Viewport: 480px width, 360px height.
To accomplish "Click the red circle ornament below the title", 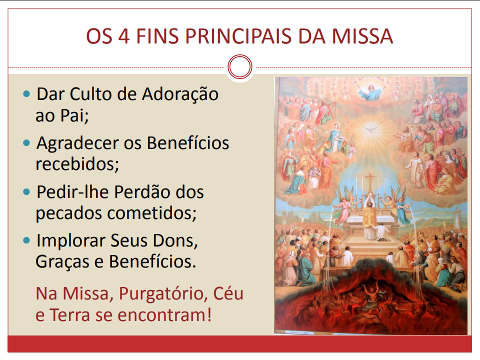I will tap(239, 67).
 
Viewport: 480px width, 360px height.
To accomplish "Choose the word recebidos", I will tap(77, 164).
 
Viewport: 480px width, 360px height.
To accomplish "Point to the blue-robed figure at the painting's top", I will tap(370, 90).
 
